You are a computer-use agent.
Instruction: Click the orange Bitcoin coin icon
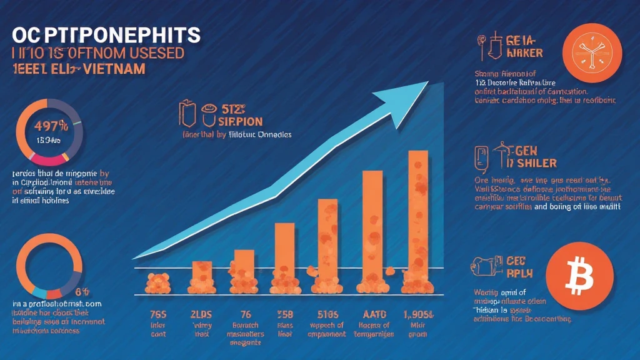(575, 274)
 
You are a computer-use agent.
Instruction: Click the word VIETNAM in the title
(113, 69)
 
